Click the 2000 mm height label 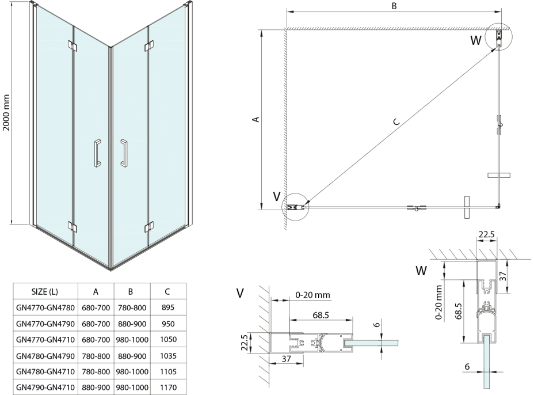[x=7, y=113]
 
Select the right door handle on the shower [x=123, y=154]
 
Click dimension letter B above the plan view [x=394, y=6]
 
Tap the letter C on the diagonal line [x=395, y=121]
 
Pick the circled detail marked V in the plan [x=295, y=207]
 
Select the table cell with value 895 [x=168, y=308]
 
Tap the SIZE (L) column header [x=44, y=292]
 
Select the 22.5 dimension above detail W [x=486, y=234]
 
